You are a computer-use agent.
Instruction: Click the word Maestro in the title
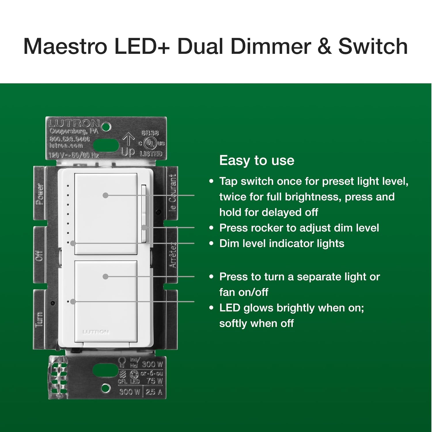click(65, 46)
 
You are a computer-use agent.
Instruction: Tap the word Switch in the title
click(373, 46)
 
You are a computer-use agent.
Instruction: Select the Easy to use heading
click(257, 161)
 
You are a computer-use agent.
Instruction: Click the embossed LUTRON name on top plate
click(74, 123)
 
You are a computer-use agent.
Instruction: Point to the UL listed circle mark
click(150, 143)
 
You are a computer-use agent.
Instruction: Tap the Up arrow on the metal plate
click(128, 140)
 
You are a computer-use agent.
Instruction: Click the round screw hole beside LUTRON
click(106, 127)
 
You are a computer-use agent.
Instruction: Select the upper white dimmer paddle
click(106, 213)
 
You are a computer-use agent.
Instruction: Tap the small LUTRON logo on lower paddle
click(96, 332)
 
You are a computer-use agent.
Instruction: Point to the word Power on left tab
click(40, 194)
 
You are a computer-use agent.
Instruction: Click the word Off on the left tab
click(39, 256)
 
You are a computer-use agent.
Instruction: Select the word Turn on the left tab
click(39, 319)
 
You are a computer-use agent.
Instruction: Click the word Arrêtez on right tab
click(172, 255)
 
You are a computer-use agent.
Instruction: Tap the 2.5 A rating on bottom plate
click(154, 392)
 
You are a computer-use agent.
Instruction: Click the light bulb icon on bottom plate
click(122, 362)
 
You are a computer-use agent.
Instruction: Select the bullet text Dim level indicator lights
click(282, 244)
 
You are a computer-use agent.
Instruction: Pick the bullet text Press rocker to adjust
click(299, 228)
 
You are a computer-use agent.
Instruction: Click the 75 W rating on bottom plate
click(155, 381)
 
